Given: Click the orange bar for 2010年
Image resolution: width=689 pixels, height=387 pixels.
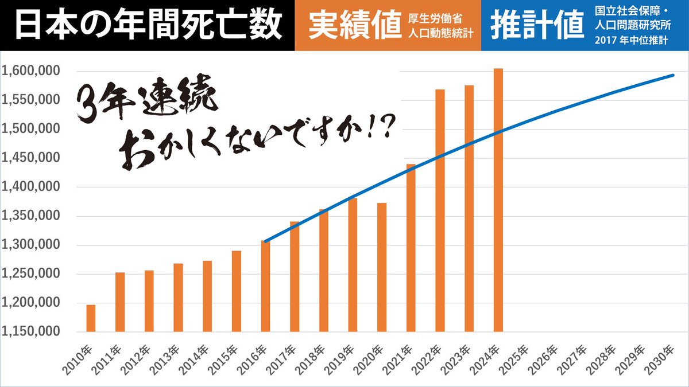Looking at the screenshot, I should click(x=91, y=318).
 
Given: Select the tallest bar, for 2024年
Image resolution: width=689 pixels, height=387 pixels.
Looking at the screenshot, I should click(x=498, y=201).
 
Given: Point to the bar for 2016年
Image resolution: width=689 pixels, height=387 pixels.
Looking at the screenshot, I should click(x=265, y=286).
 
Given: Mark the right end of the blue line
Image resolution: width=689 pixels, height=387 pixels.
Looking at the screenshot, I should click(x=673, y=75).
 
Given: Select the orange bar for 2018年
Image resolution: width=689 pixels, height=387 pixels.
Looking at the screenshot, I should click(x=324, y=270).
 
